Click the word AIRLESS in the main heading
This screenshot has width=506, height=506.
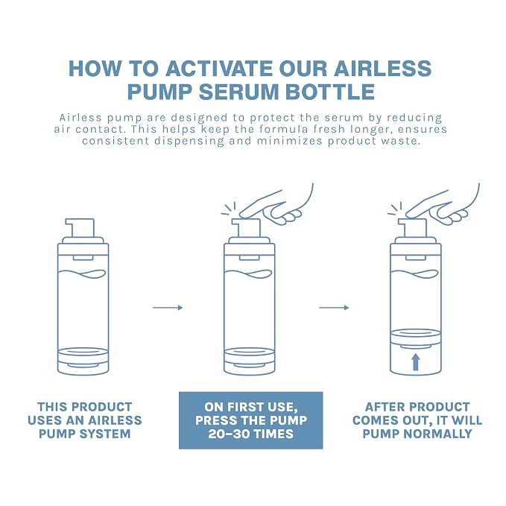[x=382, y=68]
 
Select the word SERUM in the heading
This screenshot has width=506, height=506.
[x=239, y=92]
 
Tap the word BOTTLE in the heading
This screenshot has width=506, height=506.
[x=330, y=92]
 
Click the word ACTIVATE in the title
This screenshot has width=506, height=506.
[x=219, y=68]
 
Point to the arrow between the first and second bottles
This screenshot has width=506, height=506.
[x=168, y=308]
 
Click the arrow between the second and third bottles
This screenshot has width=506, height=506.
[x=334, y=308]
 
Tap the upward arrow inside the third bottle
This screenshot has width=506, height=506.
[x=416, y=362]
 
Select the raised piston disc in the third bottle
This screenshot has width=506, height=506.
[x=416, y=338]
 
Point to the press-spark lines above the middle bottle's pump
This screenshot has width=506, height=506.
[x=229, y=209]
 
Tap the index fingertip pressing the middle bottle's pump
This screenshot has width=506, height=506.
[x=243, y=215]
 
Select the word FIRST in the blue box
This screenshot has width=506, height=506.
[x=250, y=407]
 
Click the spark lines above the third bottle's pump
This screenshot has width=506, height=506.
[x=395, y=209]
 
